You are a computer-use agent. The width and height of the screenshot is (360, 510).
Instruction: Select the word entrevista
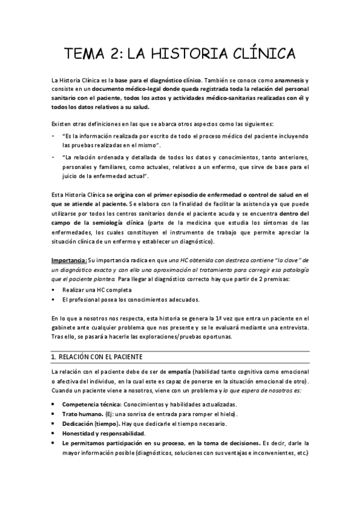(292, 327)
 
